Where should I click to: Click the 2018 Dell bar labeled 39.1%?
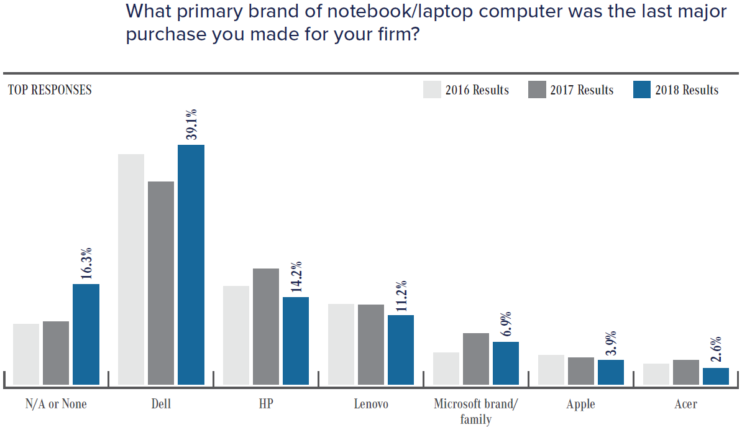(191, 264)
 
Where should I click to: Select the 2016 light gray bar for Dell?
(131, 269)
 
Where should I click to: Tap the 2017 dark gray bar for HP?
(266, 326)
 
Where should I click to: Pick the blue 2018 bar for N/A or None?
(86, 334)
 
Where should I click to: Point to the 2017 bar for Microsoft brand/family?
(475, 359)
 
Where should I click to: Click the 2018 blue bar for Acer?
(715, 376)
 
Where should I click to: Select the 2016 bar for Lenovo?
(341, 344)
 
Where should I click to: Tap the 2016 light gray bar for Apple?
(551, 369)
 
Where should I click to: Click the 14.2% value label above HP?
(296, 277)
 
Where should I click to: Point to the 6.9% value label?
(506, 324)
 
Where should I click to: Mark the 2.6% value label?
(715, 350)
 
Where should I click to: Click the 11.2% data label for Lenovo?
(401, 295)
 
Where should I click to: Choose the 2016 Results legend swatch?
(432, 90)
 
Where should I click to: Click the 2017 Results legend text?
(582, 90)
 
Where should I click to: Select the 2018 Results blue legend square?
(641, 90)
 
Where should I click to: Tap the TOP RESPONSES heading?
(50, 90)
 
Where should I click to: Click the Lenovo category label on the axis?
(371, 404)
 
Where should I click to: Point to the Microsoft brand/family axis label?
(475, 411)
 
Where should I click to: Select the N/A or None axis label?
(56, 404)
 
